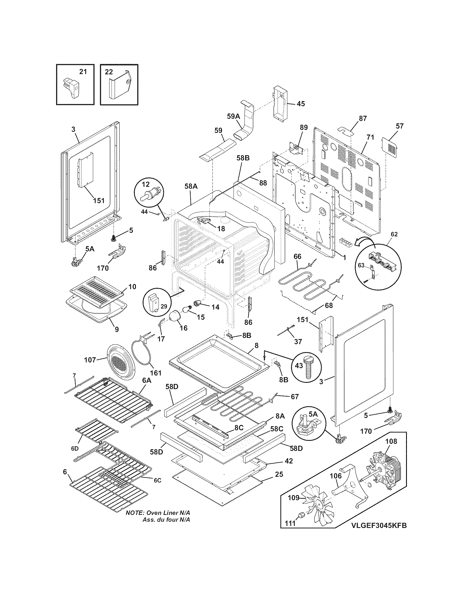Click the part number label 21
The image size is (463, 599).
click(83, 72)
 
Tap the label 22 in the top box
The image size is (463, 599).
click(109, 72)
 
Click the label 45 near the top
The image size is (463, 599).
click(301, 104)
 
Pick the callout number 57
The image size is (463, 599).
click(400, 126)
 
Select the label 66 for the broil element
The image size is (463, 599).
click(297, 256)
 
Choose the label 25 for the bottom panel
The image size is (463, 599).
click(279, 474)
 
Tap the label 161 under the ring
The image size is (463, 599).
click(156, 373)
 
